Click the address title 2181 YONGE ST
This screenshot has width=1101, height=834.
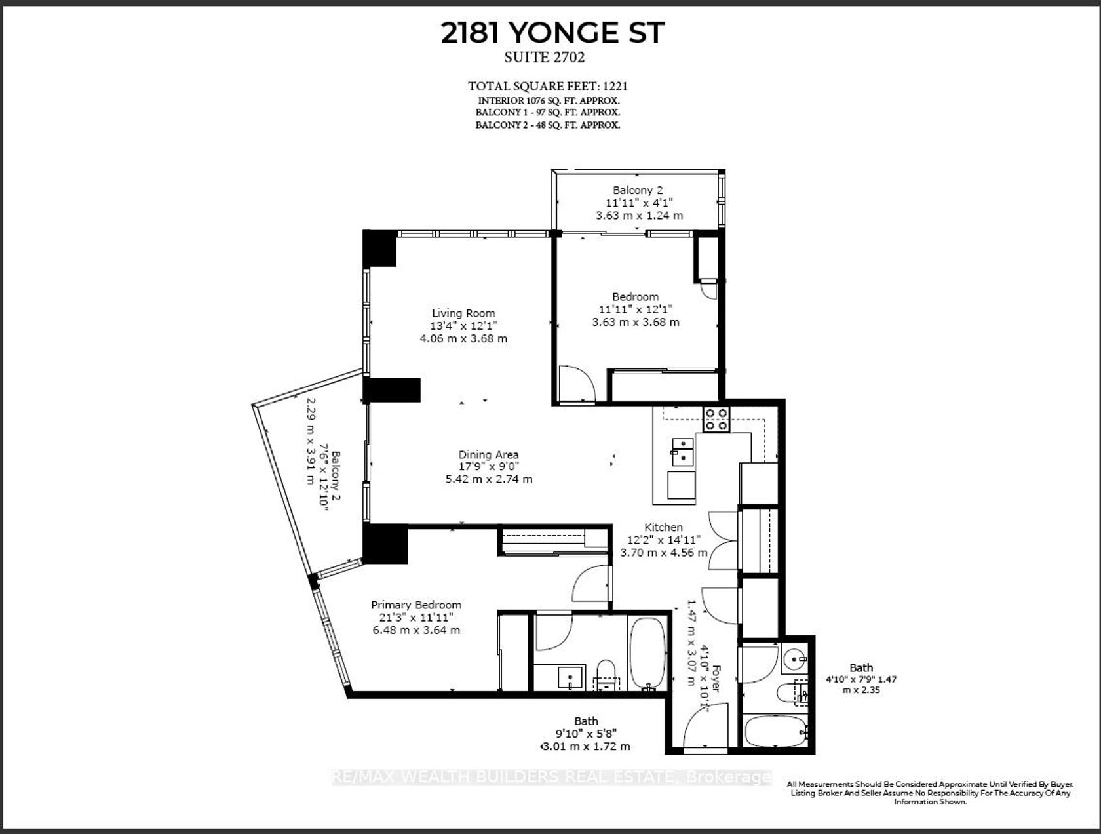click(552, 33)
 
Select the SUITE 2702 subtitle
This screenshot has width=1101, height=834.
click(544, 58)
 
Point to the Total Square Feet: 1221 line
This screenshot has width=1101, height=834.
click(548, 87)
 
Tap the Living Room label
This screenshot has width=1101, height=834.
click(463, 313)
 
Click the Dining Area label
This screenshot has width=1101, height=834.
click(488, 454)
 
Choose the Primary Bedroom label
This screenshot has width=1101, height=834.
click(416, 605)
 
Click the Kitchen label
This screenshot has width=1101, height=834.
click(664, 527)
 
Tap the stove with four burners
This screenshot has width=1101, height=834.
click(716, 420)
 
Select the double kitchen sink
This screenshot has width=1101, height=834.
click(682, 452)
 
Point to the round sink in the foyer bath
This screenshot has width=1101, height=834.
click(794, 658)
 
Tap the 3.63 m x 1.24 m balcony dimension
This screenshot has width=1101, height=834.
click(640, 216)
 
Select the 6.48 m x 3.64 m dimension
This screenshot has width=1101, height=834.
click(416, 630)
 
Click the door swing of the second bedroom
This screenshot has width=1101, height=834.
click(577, 384)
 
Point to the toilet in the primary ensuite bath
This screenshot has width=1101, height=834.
click(606, 675)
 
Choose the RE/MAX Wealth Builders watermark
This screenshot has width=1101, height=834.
click(552, 778)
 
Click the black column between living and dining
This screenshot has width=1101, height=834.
click(392, 390)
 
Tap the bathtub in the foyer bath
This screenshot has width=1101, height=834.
click(776, 732)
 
